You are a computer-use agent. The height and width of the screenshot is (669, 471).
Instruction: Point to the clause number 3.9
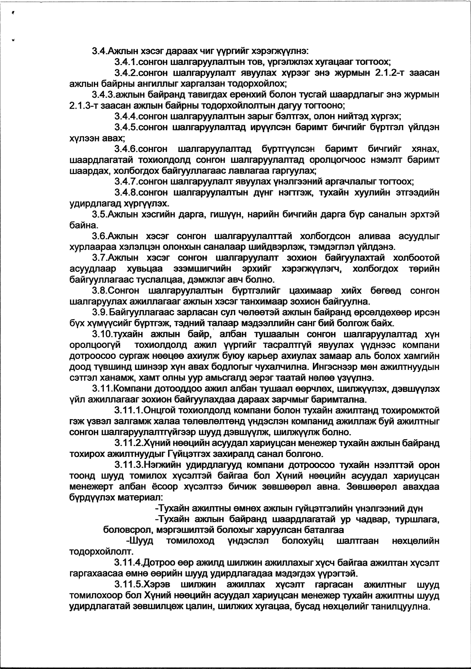point(99,313)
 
